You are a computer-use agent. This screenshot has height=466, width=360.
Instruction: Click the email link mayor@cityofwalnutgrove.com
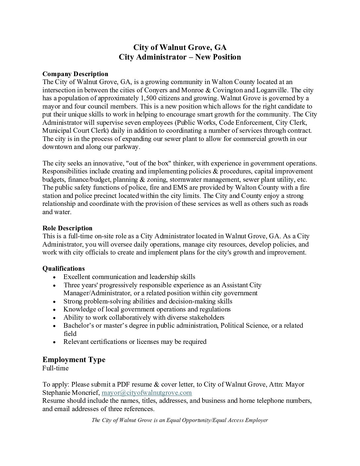[x=147, y=393]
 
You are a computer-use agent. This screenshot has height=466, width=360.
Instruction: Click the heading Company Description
[x=75, y=74]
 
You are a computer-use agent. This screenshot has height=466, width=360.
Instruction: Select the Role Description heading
[x=67, y=228]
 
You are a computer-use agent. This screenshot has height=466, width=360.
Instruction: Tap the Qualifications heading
[x=64, y=268]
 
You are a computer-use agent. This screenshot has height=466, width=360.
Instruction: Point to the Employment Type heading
[x=74, y=359]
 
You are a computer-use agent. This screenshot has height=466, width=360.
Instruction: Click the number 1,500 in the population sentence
[x=150, y=98]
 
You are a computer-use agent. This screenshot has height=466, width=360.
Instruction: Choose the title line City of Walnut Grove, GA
[x=180, y=47]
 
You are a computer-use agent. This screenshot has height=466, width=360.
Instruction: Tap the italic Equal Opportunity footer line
[x=180, y=420]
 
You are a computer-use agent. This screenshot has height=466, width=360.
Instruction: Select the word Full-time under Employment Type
[x=56, y=368]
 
